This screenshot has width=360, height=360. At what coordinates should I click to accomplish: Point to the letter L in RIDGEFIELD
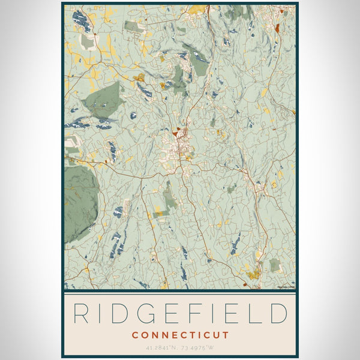(256, 314)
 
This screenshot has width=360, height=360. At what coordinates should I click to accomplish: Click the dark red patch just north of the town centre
(176, 133)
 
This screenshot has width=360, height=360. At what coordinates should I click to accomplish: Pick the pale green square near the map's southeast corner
(274, 265)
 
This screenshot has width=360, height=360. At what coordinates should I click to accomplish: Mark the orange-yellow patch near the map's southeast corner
(253, 275)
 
